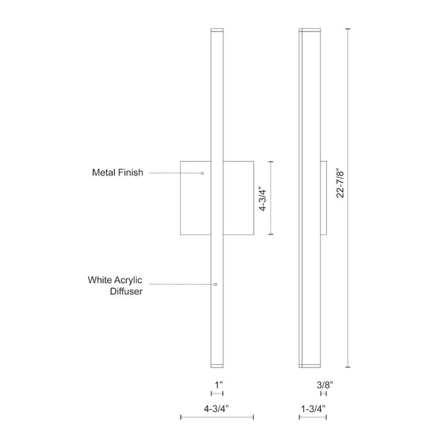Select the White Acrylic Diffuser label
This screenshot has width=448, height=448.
(115, 286)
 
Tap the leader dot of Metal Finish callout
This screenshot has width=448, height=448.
(202, 173)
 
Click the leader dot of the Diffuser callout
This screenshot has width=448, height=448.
(215, 284)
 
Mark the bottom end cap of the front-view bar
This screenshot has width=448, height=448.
(217, 365)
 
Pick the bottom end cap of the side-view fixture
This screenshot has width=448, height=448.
(311, 365)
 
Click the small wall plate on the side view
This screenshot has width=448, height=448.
(323, 197)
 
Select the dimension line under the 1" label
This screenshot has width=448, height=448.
(217, 393)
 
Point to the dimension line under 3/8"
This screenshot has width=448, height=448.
(323, 393)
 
